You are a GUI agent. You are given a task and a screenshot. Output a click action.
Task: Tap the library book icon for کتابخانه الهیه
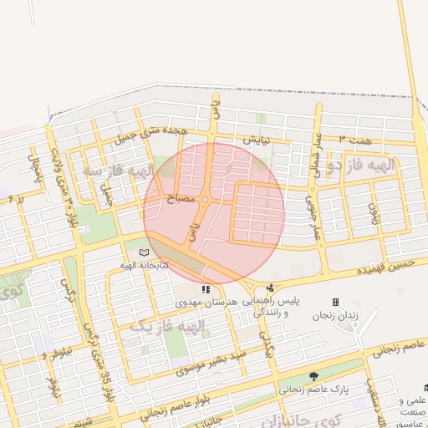pos(143,252)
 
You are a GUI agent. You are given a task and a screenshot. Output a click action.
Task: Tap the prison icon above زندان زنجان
pos(335,302)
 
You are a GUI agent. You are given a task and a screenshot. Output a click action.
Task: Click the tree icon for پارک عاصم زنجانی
pos(313,377)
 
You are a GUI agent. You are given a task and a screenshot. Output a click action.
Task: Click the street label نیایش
pos(256,140)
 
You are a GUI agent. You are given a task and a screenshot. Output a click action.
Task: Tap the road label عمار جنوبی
pos(311,216)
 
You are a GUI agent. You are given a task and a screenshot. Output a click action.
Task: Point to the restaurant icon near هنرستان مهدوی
pos(206,288)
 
